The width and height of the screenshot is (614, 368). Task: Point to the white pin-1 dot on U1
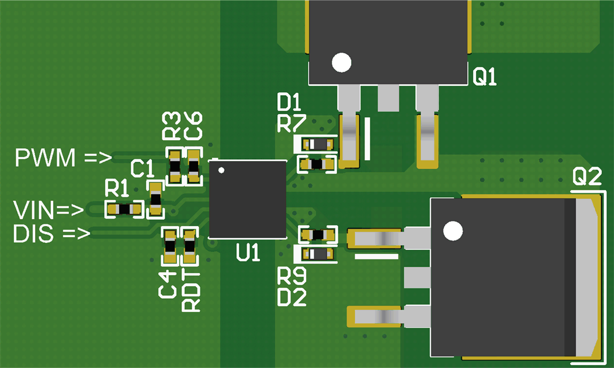[x=221, y=170]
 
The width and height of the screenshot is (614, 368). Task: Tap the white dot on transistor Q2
[x=453, y=232]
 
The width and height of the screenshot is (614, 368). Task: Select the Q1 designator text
[x=485, y=77]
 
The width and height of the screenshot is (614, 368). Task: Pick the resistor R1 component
[x=124, y=209]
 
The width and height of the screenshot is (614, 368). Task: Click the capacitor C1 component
[x=155, y=200]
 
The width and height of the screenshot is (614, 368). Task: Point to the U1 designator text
[x=248, y=253]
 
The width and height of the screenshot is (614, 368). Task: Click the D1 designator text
[x=289, y=104]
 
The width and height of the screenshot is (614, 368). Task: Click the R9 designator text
[x=291, y=277]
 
